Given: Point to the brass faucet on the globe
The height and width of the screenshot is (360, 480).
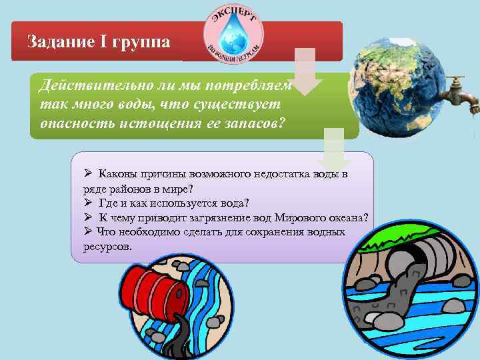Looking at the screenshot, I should pos(459,89).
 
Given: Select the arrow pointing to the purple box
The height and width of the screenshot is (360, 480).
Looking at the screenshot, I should pos(334,151).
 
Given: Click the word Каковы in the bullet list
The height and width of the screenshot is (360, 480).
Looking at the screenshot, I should pos(118,174).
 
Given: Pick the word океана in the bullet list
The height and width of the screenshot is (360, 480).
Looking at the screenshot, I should pos(347,217).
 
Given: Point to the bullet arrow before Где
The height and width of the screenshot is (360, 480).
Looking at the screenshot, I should pos(88,203).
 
